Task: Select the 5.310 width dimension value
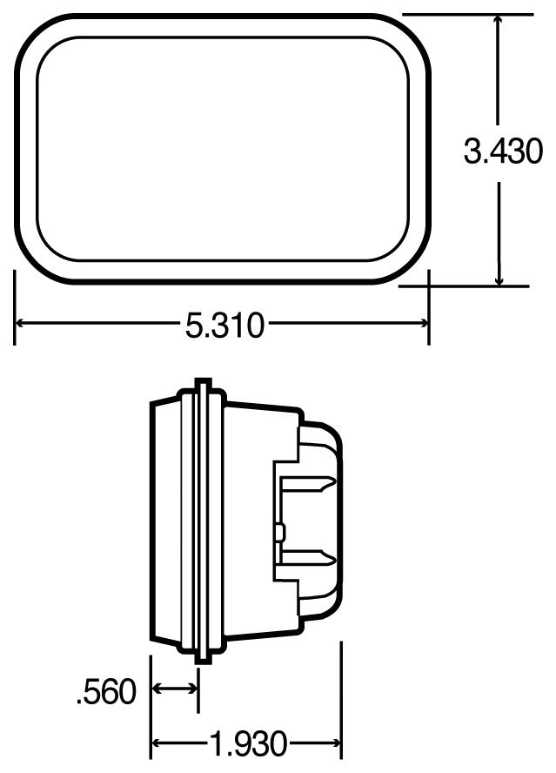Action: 223,326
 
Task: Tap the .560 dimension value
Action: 106,692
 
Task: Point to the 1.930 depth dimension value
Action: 247,744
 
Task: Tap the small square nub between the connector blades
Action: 278,528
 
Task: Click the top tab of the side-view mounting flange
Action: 201,383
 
